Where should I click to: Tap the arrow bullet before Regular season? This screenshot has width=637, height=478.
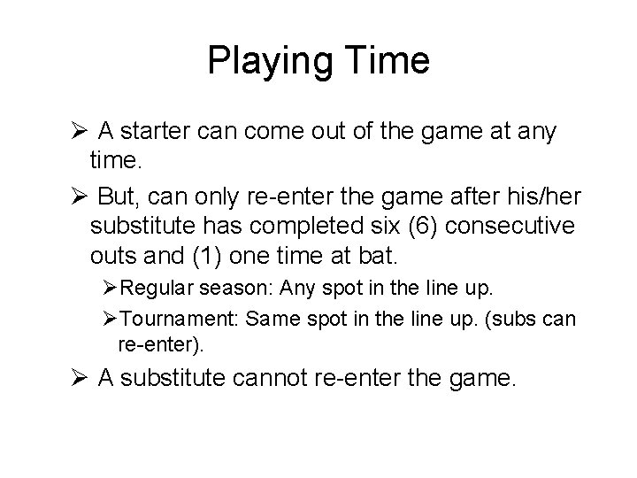111,291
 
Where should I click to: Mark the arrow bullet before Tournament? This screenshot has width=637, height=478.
111,319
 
